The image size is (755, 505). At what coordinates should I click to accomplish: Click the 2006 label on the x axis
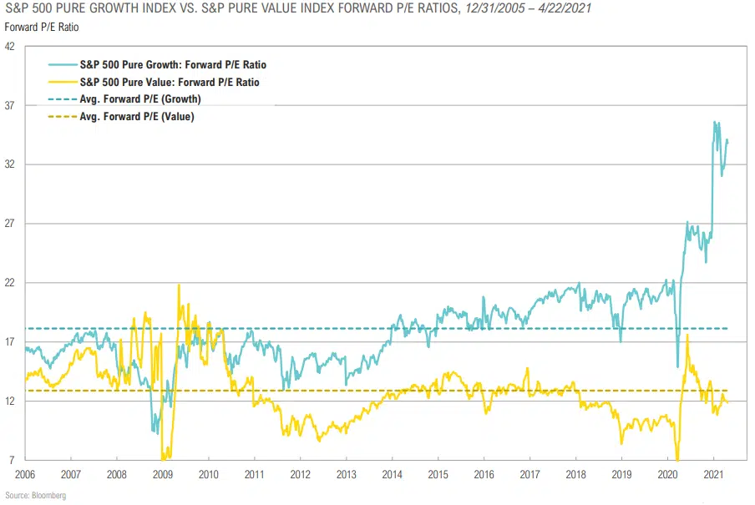[25, 474]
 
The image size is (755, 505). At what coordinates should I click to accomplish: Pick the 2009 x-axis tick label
[163, 474]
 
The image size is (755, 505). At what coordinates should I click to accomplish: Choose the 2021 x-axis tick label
[713, 474]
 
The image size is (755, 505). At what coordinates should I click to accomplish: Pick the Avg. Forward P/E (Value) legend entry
[137, 116]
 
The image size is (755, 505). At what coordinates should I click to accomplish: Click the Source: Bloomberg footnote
[35, 496]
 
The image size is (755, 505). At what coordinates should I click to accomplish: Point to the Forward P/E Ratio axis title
[36, 27]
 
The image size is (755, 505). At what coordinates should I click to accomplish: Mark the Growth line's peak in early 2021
[714, 122]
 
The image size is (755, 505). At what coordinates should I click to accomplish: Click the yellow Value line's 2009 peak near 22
[179, 285]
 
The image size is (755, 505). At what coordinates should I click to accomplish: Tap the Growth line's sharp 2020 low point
[677, 366]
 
